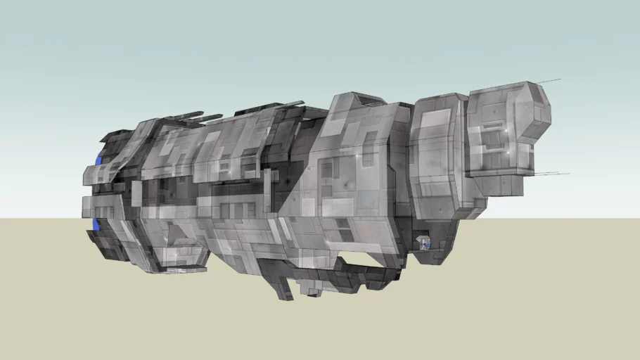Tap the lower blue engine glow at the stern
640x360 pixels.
(x=96, y=224)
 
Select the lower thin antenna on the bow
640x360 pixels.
(x=556, y=174)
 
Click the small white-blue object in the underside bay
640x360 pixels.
(x=424, y=243)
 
